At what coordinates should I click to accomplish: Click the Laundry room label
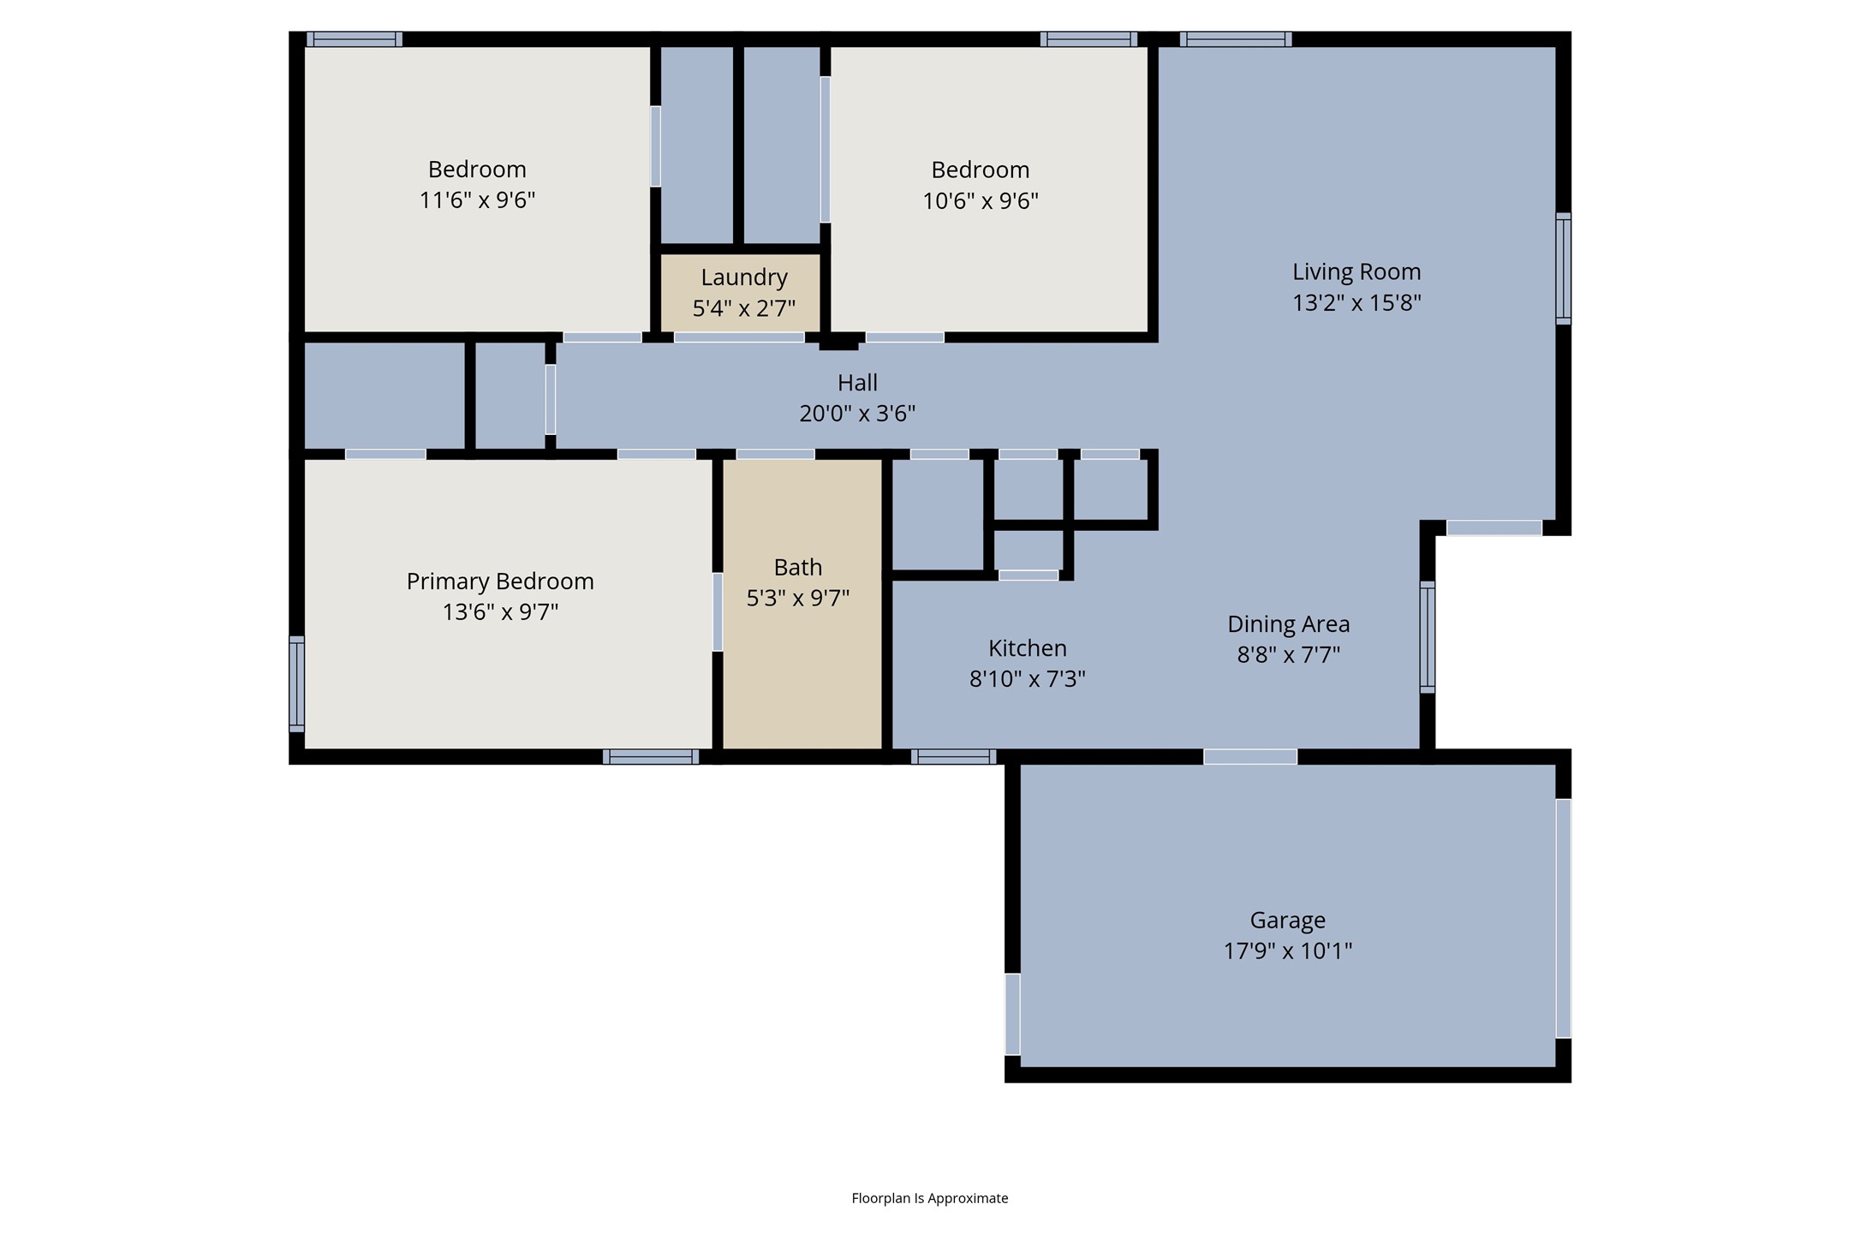pyautogui.click(x=743, y=277)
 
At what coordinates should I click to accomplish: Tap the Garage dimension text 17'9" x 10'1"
pyautogui.click(x=1287, y=951)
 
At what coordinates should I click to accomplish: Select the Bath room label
pyautogui.click(x=797, y=567)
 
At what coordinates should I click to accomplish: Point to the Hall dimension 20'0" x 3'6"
pyautogui.click(x=857, y=414)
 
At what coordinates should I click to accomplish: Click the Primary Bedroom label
pyautogui.click(x=500, y=581)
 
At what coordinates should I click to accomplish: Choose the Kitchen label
pyautogui.click(x=1027, y=648)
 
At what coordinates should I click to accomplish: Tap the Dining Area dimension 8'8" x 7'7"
pyautogui.click(x=1288, y=654)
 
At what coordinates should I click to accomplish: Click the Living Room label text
pyautogui.click(x=1356, y=272)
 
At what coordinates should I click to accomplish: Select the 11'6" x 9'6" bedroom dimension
pyautogui.click(x=477, y=200)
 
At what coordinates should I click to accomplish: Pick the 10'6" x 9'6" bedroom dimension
pyautogui.click(x=980, y=201)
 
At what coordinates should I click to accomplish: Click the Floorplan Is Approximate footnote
pyautogui.click(x=929, y=1198)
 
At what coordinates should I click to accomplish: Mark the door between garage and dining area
pyautogui.click(x=1249, y=756)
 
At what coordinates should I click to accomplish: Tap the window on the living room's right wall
pyautogui.click(x=1563, y=269)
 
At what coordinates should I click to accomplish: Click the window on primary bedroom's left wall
pyautogui.click(x=296, y=683)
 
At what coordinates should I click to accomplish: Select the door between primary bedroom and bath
pyautogui.click(x=718, y=611)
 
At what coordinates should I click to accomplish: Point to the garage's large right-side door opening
pyautogui.click(x=1563, y=918)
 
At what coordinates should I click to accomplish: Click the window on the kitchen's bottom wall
pyautogui.click(x=953, y=756)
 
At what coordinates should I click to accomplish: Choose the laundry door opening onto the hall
pyautogui.click(x=738, y=337)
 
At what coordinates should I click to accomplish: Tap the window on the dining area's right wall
pyautogui.click(x=1428, y=637)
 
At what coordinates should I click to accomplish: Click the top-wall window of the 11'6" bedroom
pyautogui.click(x=355, y=39)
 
